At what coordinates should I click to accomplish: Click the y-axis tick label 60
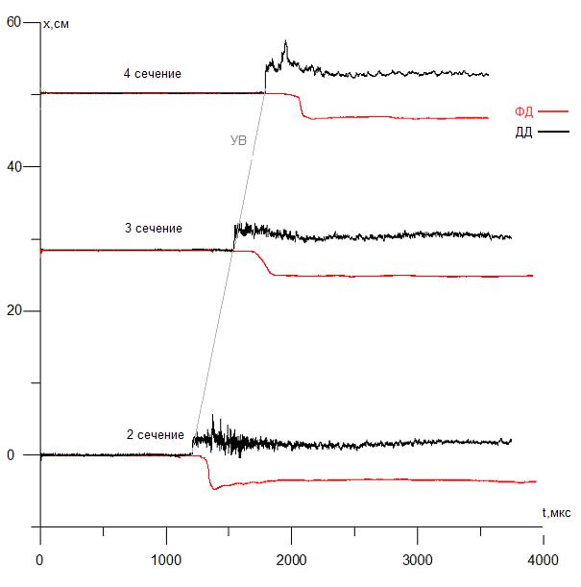13,23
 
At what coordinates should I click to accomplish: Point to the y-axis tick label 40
13,167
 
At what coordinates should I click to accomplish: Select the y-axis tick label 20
13,311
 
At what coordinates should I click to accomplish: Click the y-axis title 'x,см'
57,24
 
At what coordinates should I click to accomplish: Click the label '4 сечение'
152,73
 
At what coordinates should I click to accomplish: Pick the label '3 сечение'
154,229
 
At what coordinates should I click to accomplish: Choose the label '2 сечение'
156,435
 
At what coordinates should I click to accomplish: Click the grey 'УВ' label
240,140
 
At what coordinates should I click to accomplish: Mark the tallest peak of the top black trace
285,41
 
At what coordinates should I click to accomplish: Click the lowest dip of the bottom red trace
213,488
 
